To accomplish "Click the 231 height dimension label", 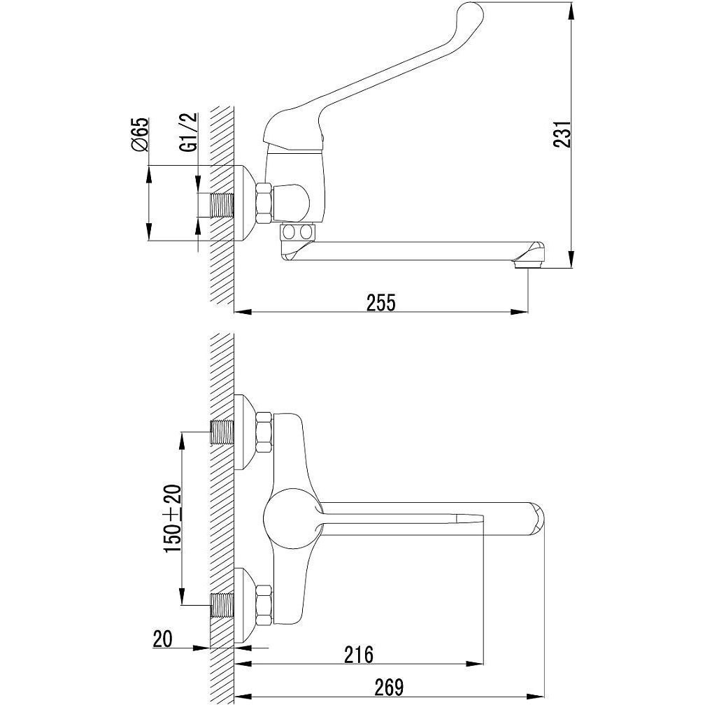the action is (x=562, y=134).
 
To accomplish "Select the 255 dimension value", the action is (x=380, y=303).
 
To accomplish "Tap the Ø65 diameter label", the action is (x=140, y=134).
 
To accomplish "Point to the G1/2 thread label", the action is (x=190, y=131).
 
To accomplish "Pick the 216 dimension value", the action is (x=359, y=655).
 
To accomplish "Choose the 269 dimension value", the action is (x=389, y=687).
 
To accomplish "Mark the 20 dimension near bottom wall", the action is (x=162, y=639).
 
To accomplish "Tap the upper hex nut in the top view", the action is (x=264, y=432).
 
